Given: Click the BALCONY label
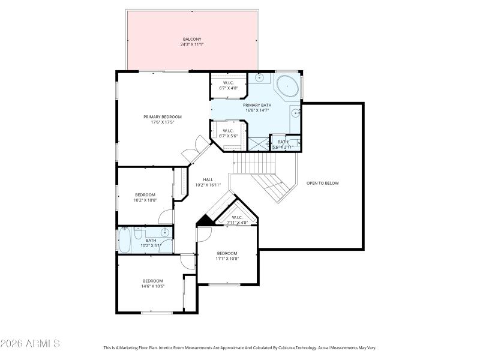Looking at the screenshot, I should click(x=191, y=40).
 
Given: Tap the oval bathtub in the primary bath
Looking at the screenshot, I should click(x=288, y=86).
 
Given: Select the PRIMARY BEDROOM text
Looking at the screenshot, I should click(x=162, y=116).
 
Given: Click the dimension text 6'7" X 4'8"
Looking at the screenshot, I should click(x=228, y=88).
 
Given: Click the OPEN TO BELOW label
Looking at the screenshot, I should click(x=322, y=182).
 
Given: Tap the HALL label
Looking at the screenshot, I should click(x=208, y=179).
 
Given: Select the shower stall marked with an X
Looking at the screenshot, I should click(x=259, y=144).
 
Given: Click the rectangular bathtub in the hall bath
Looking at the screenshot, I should click(x=125, y=241).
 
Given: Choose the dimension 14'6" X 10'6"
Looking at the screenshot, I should click(x=153, y=286).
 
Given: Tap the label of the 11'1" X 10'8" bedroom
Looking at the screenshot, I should click(x=227, y=253).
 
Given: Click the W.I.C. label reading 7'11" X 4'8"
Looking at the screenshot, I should click(x=236, y=220).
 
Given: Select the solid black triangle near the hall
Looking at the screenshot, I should click(x=205, y=221).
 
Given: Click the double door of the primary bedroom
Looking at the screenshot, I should click(x=191, y=152).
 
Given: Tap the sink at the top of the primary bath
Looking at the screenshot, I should click(x=260, y=77).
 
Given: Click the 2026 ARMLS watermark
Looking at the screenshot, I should click(x=30, y=344).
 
